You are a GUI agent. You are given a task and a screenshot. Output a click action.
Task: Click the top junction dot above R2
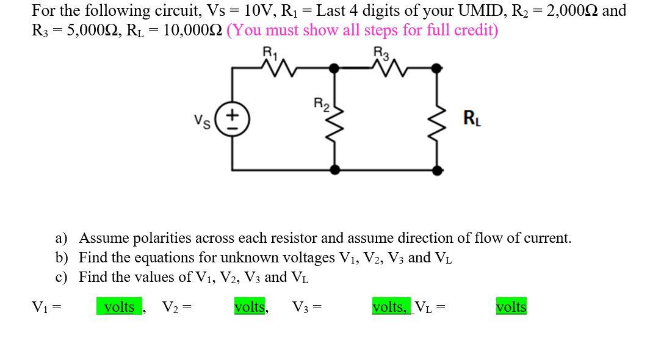coord(334,69)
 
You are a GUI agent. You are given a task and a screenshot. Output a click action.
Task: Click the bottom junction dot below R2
coord(334,168)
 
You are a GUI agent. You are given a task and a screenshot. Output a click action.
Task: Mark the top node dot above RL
coord(437,69)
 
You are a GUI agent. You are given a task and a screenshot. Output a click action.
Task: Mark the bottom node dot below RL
coord(437,168)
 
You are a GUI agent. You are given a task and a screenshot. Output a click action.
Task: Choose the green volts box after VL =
coord(511,307)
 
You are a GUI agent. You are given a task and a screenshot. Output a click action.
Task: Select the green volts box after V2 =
coord(250,307)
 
